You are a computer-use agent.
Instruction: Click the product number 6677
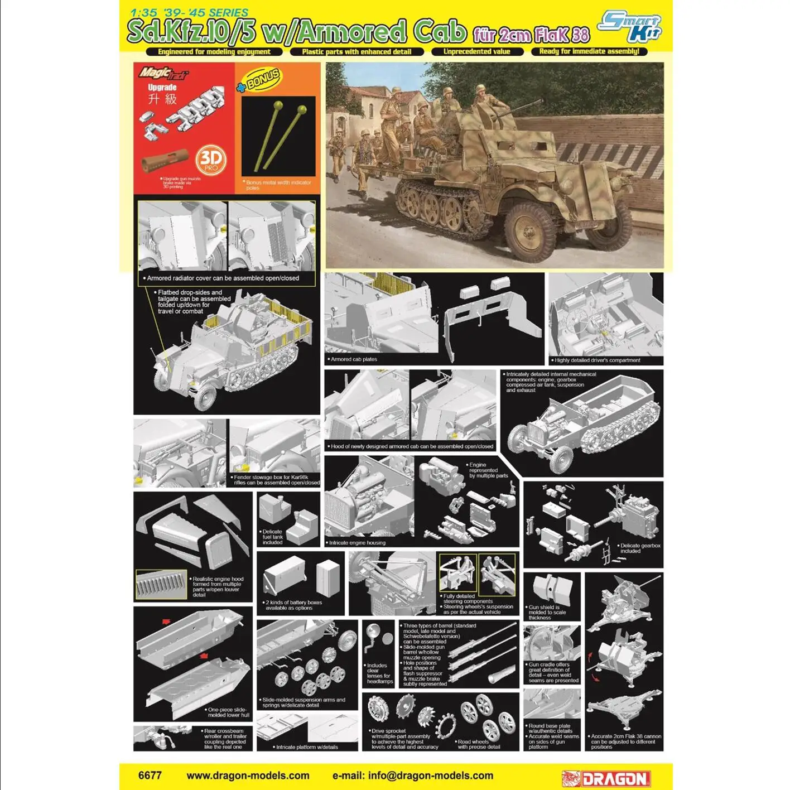click(x=150, y=775)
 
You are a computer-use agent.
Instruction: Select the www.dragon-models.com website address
click(x=248, y=775)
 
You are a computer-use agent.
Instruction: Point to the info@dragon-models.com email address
click(x=413, y=775)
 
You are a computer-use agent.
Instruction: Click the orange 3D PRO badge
click(x=211, y=161)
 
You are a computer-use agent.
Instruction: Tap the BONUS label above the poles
click(x=259, y=80)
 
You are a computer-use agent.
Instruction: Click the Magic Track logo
click(x=163, y=73)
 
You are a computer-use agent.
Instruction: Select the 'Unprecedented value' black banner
click(x=477, y=51)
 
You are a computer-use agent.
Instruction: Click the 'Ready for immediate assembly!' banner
click(x=589, y=51)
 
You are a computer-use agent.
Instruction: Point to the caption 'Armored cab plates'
click(x=354, y=359)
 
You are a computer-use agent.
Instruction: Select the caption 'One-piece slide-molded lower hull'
click(x=228, y=712)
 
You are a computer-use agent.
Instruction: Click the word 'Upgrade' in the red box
click(x=162, y=88)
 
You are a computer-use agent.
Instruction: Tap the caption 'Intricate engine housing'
click(x=357, y=542)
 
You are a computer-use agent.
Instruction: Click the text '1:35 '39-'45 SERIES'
click(x=189, y=12)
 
